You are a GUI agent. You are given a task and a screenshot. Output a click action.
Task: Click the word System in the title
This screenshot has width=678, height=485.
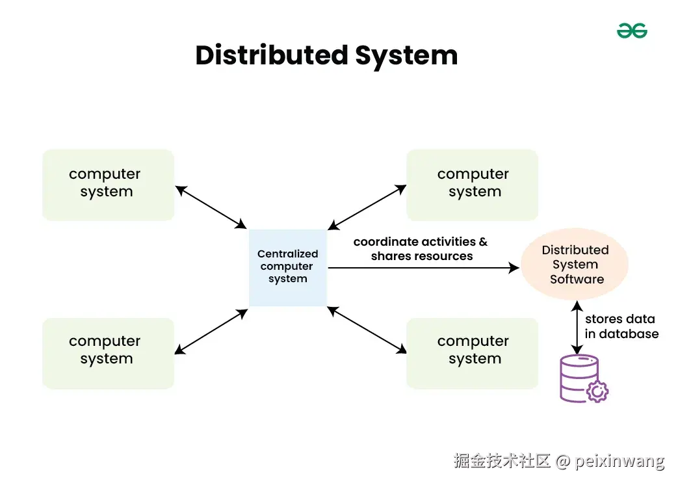point(406,55)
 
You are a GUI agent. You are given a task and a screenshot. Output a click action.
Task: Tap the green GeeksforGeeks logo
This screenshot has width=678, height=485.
point(632,31)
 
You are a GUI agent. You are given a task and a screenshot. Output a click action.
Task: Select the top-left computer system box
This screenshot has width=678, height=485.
point(108,185)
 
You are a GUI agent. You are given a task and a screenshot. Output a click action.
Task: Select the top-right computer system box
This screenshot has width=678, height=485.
point(473,185)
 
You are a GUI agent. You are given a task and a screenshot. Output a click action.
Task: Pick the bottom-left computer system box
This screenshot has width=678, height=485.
point(108,353)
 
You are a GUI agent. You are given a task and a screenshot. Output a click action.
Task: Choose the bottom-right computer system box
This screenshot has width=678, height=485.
point(473,353)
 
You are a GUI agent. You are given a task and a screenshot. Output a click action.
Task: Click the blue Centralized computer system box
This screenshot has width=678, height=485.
point(288,267)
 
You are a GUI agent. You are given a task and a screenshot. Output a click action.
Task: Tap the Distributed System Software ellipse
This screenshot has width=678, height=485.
point(575,265)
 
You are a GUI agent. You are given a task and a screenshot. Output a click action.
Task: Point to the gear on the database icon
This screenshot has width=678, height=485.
point(597,391)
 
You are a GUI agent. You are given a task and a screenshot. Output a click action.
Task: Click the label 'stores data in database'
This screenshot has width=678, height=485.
point(621,326)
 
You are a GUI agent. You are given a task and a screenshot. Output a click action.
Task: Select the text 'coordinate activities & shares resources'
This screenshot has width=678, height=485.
point(421,249)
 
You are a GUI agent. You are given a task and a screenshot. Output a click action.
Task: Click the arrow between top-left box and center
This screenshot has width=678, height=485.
point(211,207)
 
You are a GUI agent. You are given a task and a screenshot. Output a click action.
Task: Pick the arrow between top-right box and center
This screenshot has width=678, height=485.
point(367,207)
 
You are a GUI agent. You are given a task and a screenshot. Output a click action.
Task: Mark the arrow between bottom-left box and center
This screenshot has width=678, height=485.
point(211,332)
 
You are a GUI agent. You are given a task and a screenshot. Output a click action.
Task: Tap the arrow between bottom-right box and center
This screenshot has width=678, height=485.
point(367,330)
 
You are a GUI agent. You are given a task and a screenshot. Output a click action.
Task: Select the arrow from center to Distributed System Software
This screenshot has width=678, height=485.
point(423,267)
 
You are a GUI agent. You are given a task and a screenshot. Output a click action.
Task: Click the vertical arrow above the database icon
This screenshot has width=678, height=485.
point(577,327)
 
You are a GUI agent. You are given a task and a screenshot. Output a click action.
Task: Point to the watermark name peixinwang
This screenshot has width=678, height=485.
point(620,462)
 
